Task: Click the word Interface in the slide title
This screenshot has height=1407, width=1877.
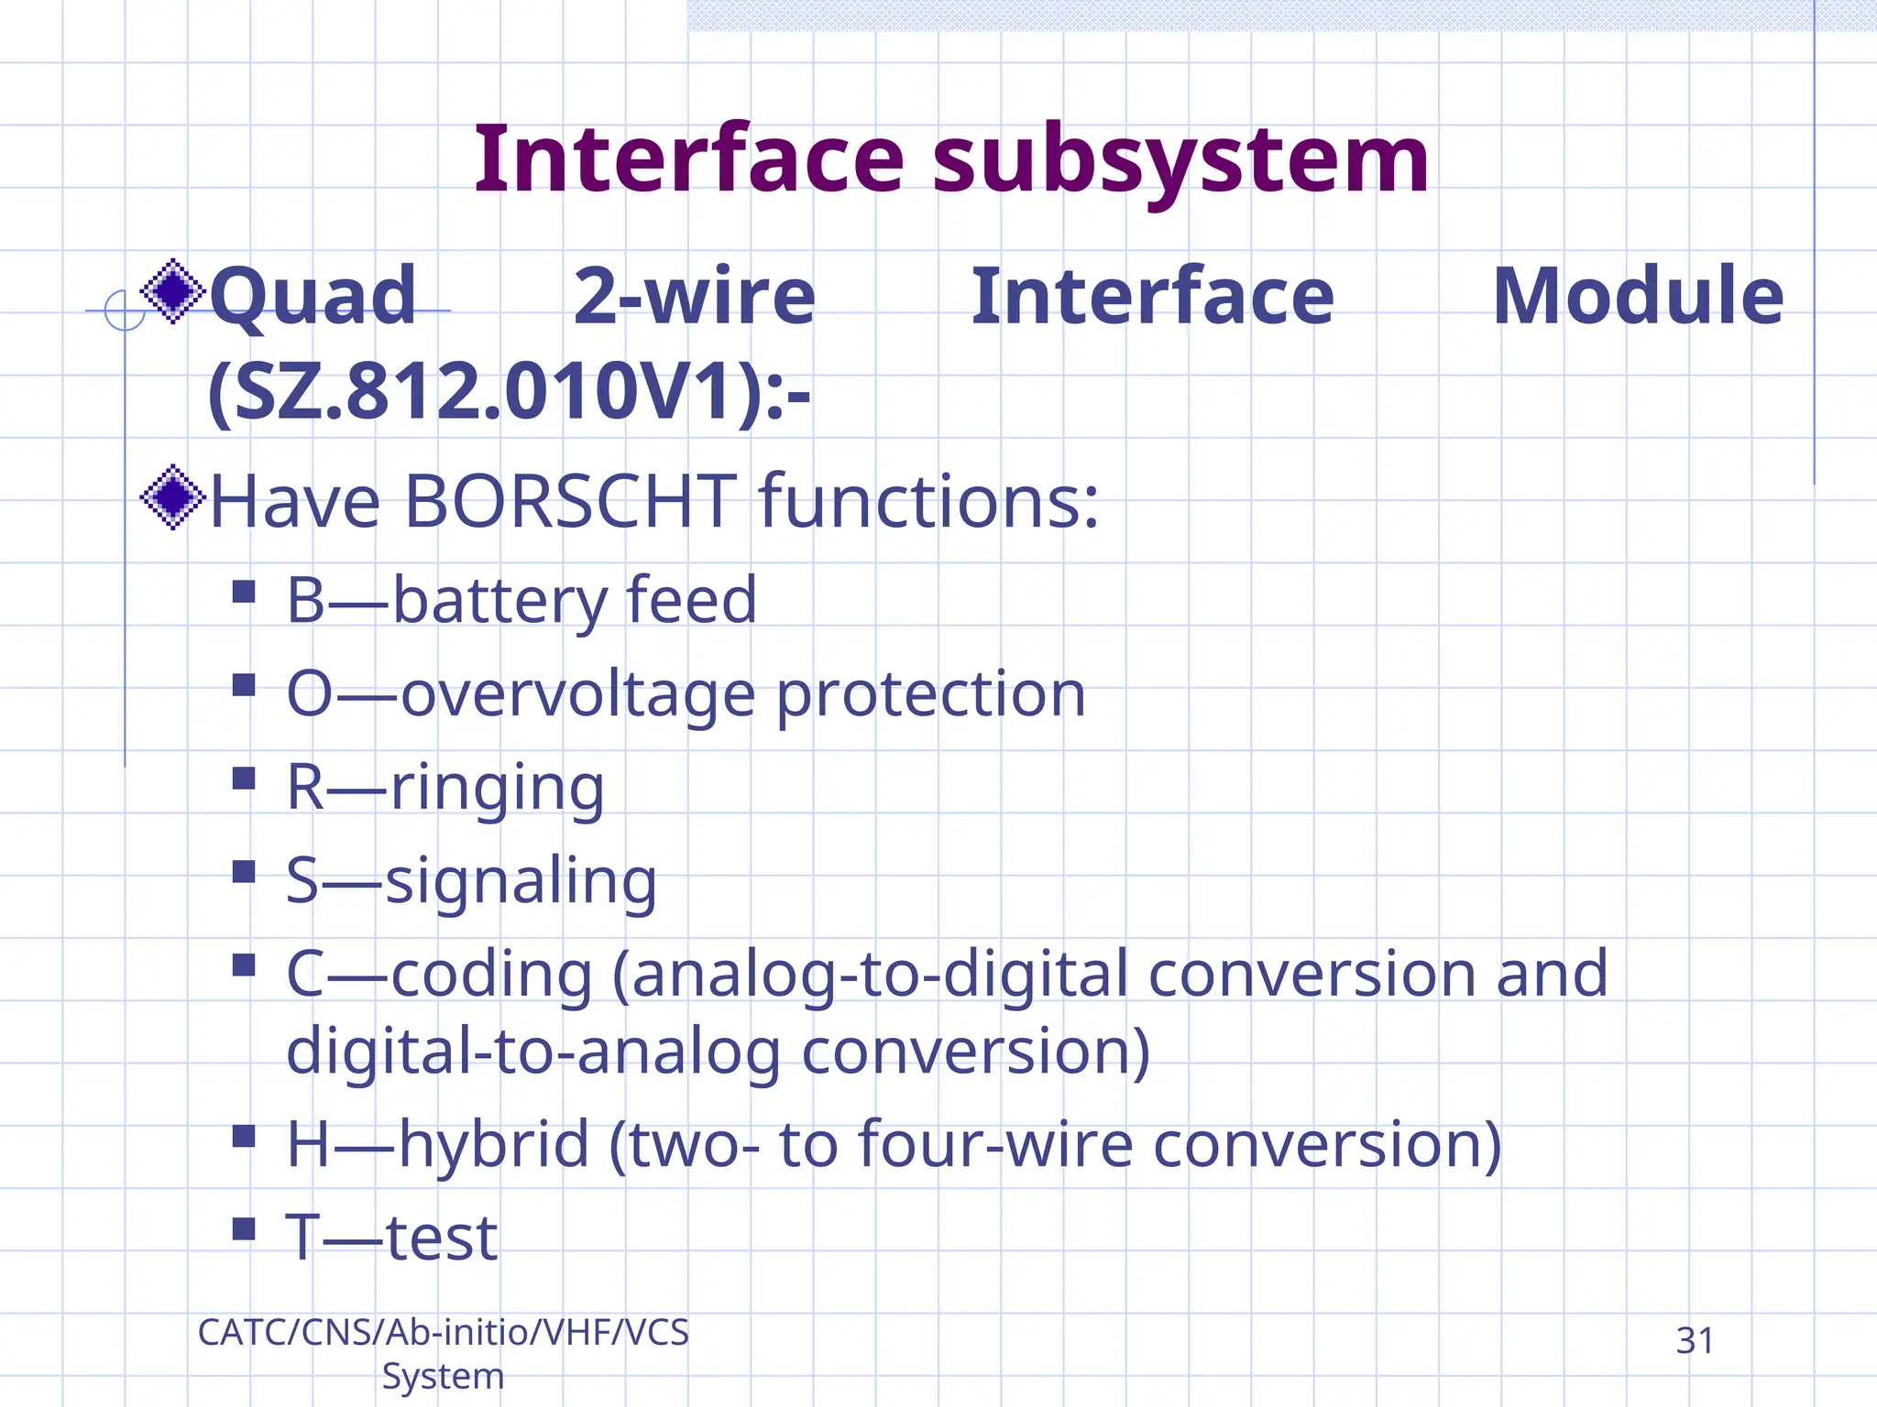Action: point(688,160)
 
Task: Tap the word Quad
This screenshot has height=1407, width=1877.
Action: point(313,296)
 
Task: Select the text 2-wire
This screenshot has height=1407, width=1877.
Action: point(694,296)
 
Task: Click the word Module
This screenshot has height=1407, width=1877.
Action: point(1638,296)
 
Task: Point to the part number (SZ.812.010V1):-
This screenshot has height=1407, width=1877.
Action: point(509,393)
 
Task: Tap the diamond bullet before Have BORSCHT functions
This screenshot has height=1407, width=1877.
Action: point(172,497)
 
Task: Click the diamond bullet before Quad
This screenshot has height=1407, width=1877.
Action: point(172,291)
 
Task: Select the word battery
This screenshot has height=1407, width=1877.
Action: point(500,601)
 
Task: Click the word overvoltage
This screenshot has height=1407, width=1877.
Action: point(578,694)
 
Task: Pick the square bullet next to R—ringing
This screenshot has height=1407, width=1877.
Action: point(244,779)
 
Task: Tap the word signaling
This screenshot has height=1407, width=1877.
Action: point(521,880)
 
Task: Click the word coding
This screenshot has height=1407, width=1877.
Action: point(492,975)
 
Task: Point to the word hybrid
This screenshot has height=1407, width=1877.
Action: point(494,1145)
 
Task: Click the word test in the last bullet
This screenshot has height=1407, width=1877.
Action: point(442,1238)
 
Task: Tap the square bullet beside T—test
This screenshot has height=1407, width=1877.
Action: point(244,1228)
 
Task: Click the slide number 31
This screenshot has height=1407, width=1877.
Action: point(1694,1341)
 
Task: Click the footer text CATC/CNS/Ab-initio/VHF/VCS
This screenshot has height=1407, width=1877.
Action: point(443,1333)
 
